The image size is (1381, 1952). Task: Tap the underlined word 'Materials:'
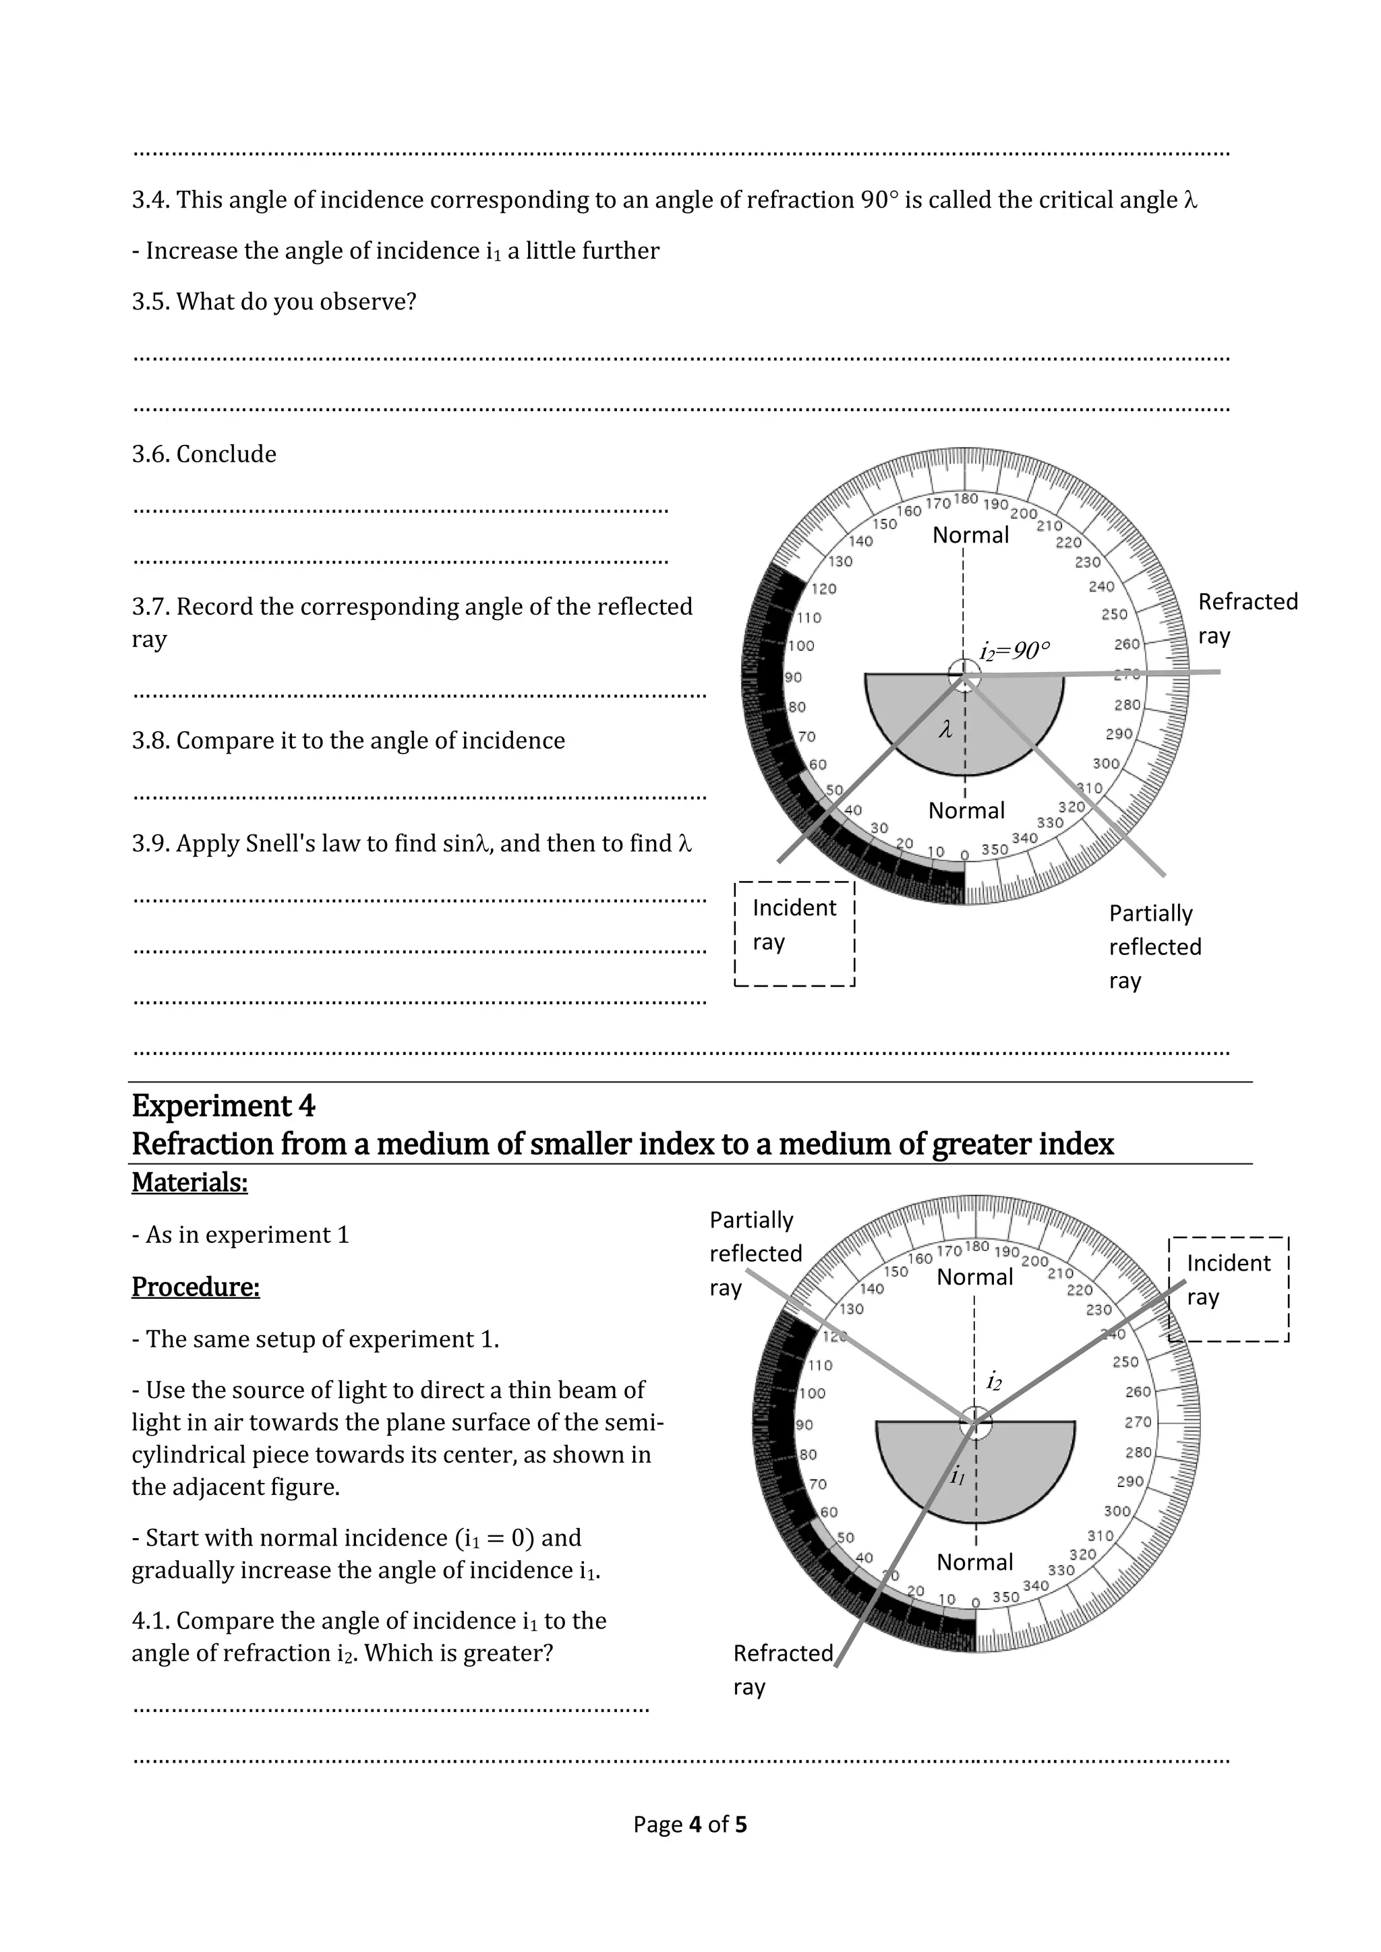click(189, 1183)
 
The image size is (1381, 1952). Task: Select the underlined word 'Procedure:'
click(196, 1287)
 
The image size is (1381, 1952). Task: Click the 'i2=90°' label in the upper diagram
click(1014, 651)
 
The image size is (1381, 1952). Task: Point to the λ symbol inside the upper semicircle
click(945, 729)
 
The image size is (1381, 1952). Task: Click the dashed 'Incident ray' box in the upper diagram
click(794, 934)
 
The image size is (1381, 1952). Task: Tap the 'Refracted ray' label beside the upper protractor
click(1247, 618)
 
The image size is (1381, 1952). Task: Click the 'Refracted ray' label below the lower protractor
click(782, 1670)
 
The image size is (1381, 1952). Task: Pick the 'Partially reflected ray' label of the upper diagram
click(1154, 946)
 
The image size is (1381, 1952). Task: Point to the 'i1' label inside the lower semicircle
click(958, 1476)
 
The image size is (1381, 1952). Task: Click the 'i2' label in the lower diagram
click(993, 1382)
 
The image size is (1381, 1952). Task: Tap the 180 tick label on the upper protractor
click(966, 499)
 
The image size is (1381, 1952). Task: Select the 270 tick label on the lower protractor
click(1138, 1422)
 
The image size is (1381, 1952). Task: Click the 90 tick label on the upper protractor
click(794, 677)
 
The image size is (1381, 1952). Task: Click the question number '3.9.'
click(151, 843)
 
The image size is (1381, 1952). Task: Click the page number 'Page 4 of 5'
click(690, 1825)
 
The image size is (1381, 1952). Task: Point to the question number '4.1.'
click(151, 1620)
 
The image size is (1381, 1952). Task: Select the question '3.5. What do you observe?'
click(274, 302)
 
